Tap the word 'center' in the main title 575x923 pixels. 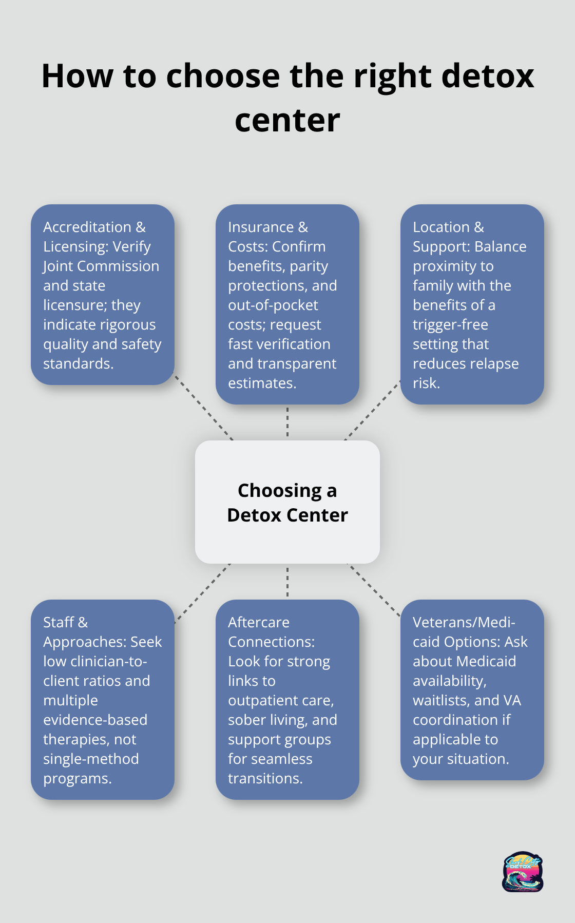pyautogui.click(x=287, y=121)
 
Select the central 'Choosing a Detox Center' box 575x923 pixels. pyautogui.click(x=287, y=502)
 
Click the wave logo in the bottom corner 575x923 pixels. pyautogui.click(x=523, y=872)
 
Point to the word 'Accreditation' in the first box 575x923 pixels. pyautogui.click(x=87, y=227)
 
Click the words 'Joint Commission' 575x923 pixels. pyautogui.click(x=101, y=266)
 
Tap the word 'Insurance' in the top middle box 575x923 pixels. pyautogui.click(x=261, y=227)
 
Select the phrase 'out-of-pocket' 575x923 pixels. pyautogui.click(x=273, y=305)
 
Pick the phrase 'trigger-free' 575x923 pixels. pyautogui.click(x=450, y=324)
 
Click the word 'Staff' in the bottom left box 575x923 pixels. pyautogui.click(x=59, y=622)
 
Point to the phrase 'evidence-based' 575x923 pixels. pyautogui.click(x=95, y=720)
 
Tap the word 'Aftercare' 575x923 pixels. pyautogui.click(x=259, y=622)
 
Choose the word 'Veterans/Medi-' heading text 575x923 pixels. pyautogui.click(x=464, y=622)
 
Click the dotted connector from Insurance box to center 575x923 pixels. pyautogui.click(x=287, y=422)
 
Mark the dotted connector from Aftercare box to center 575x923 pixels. pyautogui.click(x=287, y=582)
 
